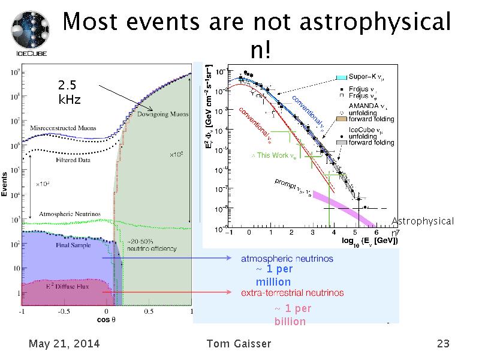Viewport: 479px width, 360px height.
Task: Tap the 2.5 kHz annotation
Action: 68,92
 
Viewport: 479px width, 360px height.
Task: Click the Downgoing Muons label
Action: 160,114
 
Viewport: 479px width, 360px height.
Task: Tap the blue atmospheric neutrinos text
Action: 287,259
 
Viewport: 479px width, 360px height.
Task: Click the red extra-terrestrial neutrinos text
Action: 292,293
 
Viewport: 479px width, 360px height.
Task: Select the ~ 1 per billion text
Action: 292,315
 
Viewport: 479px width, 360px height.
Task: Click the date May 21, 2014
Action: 64,344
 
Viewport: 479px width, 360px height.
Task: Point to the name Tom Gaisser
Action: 238,344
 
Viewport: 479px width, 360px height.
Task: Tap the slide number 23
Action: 443,344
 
